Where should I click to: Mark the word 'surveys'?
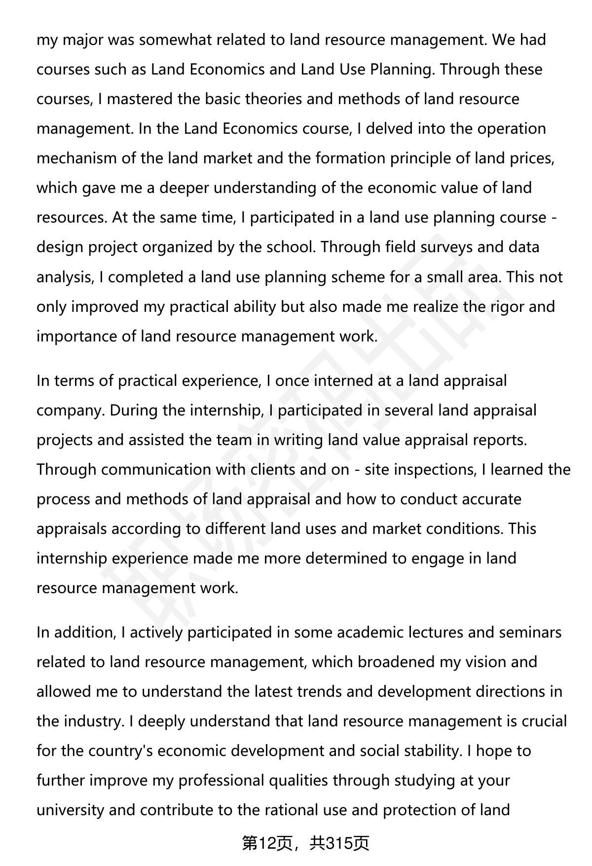(x=446, y=247)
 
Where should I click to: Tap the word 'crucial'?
(x=542, y=721)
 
